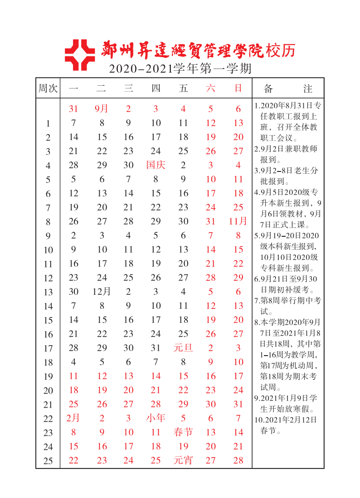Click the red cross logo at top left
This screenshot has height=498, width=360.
[80, 55]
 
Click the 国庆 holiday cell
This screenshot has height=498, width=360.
[156, 165]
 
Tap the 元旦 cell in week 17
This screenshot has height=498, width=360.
[183, 348]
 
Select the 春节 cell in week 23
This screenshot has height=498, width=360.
[183, 432]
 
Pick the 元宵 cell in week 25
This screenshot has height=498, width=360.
[183, 460]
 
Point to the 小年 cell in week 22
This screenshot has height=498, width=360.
[156, 418]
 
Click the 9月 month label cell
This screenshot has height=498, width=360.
[102, 109]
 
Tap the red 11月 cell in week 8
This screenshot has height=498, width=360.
[238, 221]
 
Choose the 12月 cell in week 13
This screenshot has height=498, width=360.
[102, 292]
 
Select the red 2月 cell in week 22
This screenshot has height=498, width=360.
[73, 418]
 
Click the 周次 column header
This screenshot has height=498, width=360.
[48, 88]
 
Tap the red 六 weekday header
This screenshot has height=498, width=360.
[211, 88]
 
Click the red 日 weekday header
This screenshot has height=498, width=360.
[238, 88]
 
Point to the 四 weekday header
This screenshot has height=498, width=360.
[156, 88]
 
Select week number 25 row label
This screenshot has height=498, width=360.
[48, 461]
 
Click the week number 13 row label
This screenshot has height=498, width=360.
[48, 292]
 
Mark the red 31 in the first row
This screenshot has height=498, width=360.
[73, 109]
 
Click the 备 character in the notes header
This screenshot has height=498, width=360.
[268, 88]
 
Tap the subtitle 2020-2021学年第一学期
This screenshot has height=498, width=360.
[180, 69]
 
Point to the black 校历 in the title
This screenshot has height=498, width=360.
[281, 50]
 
